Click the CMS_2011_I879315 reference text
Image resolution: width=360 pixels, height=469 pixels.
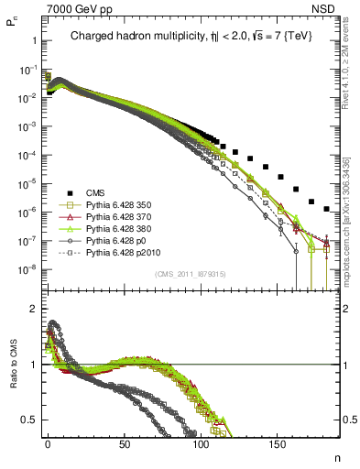click(x=189, y=274)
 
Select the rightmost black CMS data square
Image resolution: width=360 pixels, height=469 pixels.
click(x=326, y=210)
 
